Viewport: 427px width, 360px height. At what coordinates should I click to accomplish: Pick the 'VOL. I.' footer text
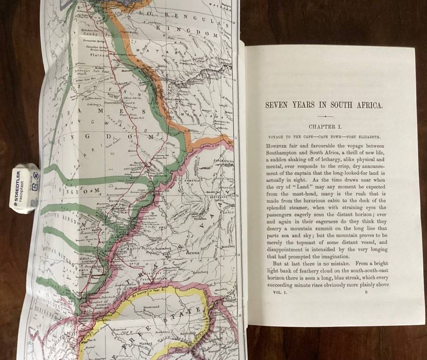276,294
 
